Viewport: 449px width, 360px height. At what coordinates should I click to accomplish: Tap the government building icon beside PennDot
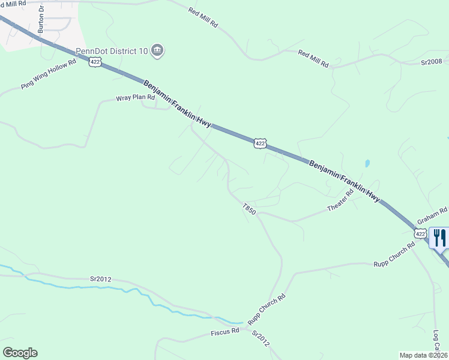coord(157,50)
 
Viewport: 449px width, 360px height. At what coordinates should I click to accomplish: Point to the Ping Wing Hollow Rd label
coord(49,74)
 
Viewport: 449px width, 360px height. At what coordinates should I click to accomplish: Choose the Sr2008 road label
coord(431,61)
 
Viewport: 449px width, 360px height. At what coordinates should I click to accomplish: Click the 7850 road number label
coord(250,209)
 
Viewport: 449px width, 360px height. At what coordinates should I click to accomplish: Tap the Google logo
coord(20,353)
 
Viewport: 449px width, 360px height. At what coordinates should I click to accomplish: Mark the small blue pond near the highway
coord(367,163)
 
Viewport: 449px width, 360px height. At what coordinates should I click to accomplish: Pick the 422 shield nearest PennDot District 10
coord(95,61)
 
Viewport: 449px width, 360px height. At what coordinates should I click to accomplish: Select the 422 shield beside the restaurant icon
coord(420,233)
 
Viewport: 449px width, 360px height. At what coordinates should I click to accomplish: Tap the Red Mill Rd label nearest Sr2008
coord(313,59)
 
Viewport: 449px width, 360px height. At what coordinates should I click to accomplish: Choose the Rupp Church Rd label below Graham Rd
coord(394,255)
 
